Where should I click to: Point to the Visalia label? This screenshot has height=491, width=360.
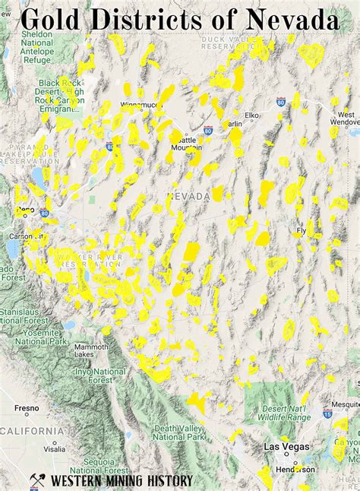pos(33,449)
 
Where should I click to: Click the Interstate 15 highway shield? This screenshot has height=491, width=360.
pos(327,414)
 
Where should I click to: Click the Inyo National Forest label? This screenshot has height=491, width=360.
pos(99,375)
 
